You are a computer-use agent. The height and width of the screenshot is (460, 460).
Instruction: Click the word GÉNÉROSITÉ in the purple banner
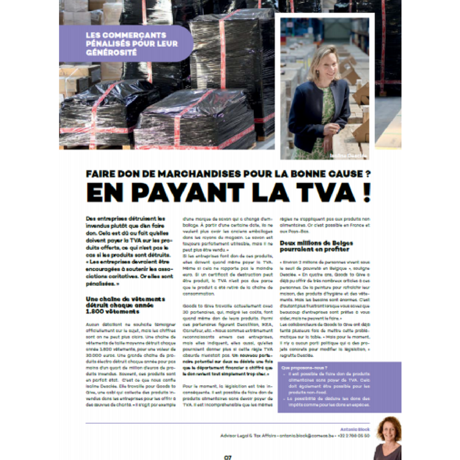pyautogui.click(x=111, y=52)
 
